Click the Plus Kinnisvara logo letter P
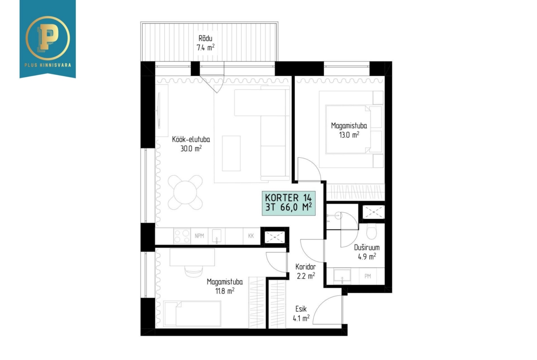pos(48,38)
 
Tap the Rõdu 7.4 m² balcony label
pos(206,43)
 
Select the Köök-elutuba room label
pos(191,139)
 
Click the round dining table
pos(185,192)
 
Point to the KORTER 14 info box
pos(289,203)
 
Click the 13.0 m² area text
pos(349,134)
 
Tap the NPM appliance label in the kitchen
pos(199,236)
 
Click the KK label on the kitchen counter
pos(251,236)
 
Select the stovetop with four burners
pos(182,236)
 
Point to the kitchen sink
pos(217,236)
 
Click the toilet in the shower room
pos(372,232)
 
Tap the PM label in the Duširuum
pos(368,276)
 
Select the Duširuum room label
pos(367,248)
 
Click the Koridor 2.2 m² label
pos(306,271)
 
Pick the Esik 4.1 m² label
pos(301,314)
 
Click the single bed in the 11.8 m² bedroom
pos(192,314)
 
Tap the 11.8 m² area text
pos(224,291)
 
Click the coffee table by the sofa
pos(231,153)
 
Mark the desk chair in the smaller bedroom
pos(194,270)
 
